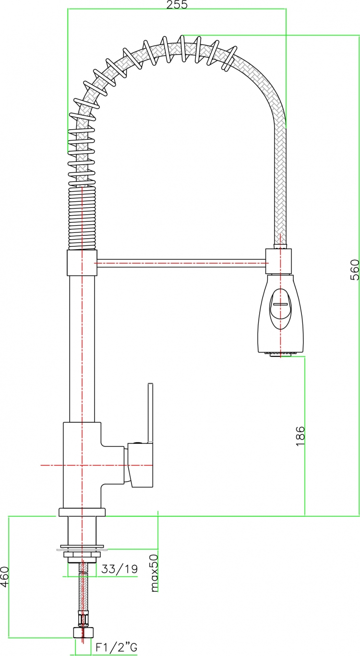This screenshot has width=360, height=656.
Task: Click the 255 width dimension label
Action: tap(177, 4)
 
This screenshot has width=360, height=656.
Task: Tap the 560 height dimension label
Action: tap(354, 270)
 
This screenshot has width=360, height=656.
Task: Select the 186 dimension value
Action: tap(300, 436)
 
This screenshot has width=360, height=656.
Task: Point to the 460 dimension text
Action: tap(5, 577)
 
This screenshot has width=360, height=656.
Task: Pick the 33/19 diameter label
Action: tap(120, 569)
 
